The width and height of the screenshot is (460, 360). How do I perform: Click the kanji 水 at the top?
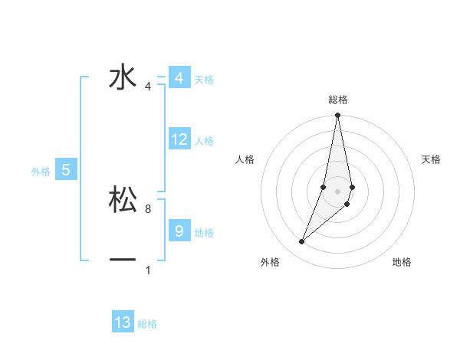(x=123, y=77)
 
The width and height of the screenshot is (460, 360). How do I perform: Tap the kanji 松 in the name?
(x=123, y=199)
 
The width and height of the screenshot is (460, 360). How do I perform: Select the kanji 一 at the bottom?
(x=123, y=260)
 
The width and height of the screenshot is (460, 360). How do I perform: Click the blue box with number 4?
(x=179, y=78)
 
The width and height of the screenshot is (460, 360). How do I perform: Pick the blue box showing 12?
(x=179, y=139)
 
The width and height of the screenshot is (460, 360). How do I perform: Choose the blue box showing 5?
(x=66, y=170)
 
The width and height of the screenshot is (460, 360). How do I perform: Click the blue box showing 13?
(x=123, y=322)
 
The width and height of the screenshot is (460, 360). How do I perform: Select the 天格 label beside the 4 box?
(x=204, y=80)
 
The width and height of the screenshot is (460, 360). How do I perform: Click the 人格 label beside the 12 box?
(x=204, y=141)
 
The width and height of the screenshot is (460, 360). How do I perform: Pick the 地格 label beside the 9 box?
(x=204, y=232)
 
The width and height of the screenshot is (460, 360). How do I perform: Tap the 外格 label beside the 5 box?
(x=41, y=172)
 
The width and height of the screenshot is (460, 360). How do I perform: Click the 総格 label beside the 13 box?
(x=147, y=324)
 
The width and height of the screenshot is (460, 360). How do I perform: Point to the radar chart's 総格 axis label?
(x=338, y=100)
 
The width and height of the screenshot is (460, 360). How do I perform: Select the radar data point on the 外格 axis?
(x=301, y=242)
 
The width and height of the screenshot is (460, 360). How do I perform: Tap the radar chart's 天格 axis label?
(x=432, y=159)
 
